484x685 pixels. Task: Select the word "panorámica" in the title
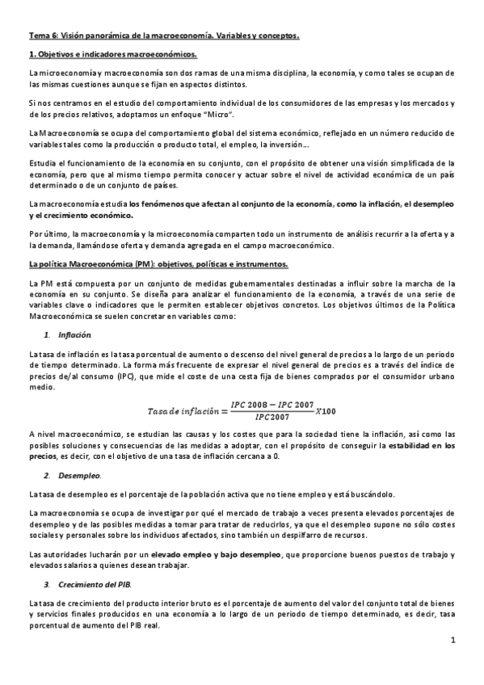[x=103, y=36]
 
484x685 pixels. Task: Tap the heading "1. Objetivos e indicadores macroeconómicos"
[x=112, y=54]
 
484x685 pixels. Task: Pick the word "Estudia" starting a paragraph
[x=42, y=162]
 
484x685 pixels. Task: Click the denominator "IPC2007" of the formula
[x=275, y=417]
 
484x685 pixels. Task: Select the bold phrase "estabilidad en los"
[x=421, y=445]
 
